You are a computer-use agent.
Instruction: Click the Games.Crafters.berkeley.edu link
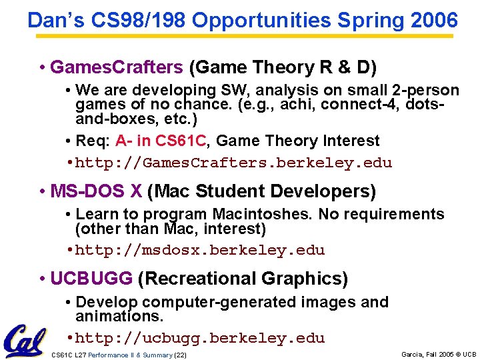point(233,163)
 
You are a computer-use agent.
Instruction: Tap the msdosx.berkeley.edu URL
point(200,251)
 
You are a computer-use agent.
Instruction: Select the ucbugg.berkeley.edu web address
point(200,339)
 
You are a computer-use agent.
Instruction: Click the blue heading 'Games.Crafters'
point(117,67)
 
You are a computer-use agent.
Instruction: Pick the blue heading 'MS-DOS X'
point(96,192)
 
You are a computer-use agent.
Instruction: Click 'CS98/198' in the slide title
point(137,21)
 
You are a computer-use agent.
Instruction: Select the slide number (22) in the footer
point(180,355)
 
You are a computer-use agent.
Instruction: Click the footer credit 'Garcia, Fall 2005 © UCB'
point(439,354)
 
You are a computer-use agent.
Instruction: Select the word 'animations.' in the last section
point(119,316)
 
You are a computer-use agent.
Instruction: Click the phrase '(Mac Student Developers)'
point(261,192)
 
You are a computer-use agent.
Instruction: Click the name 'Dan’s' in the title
point(51,21)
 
